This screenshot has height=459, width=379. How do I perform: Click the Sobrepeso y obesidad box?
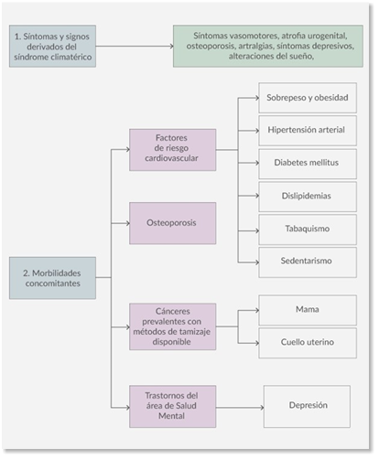(x=308, y=98)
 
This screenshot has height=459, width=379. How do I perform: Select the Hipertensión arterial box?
(x=308, y=131)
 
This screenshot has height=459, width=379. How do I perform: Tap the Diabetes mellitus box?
(x=308, y=164)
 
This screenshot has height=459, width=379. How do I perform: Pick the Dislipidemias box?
(x=308, y=197)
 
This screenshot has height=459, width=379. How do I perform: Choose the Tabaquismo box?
(x=308, y=229)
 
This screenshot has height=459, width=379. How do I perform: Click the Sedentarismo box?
(x=308, y=262)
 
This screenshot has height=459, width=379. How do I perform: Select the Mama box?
(x=308, y=310)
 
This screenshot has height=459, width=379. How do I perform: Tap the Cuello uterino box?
(x=308, y=343)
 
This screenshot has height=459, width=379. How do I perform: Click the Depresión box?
(x=307, y=407)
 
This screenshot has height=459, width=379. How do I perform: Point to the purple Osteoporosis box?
(x=173, y=223)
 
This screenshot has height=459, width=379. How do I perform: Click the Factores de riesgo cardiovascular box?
(x=173, y=150)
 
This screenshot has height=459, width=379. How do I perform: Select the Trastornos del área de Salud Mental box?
(x=173, y=407)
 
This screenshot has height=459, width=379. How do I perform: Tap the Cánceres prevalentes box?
(x=173, y=326)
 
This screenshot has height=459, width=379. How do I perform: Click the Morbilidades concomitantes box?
(x=52, y=278)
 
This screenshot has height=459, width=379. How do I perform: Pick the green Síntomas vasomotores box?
(x=268, y=46)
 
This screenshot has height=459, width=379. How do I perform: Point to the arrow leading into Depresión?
(x=240, y=407)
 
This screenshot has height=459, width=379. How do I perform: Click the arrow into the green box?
(x=135, y=46)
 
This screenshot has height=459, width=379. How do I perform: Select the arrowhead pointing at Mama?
(x=257, y=310)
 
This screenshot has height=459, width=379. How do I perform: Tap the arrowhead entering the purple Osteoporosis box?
(x=128, y=223)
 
